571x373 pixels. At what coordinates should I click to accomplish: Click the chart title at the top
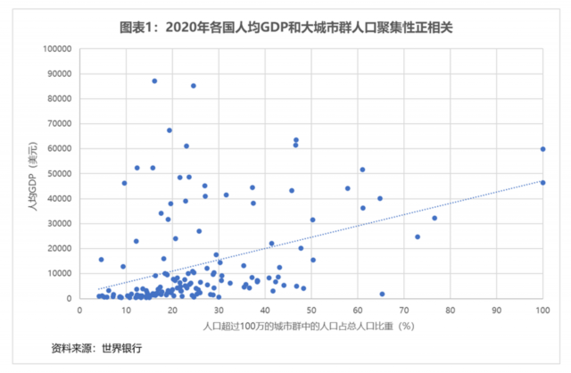[x=285, y=28]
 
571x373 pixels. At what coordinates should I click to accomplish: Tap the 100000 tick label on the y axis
[x=56, y=48]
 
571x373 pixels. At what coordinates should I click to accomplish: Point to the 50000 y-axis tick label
[x=59, y=173]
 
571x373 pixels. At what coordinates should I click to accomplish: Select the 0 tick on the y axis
[x=70, y=298]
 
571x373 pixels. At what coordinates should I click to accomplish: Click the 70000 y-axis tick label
[x=59, y=123]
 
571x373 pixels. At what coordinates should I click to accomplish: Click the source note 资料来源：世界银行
[x=97, y=348]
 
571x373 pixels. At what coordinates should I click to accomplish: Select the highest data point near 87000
[x=153, y=81]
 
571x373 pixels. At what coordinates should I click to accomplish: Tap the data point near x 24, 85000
[x=193, y=86]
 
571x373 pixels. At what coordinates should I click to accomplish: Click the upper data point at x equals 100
[x=542, y=149]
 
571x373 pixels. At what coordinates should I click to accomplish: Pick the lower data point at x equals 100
[x=542, y=183]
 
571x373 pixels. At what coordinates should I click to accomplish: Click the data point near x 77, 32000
[x=434, y=218]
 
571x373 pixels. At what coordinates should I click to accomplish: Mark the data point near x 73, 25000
[x=417, y=236]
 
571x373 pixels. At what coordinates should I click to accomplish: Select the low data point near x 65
[x=382, y=294]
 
